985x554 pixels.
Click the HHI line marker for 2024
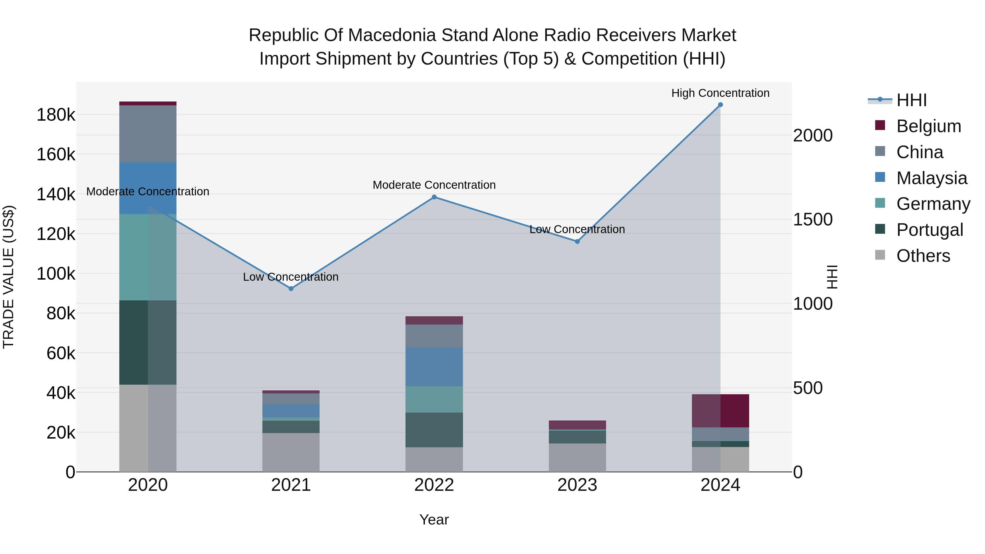tap(720, 105)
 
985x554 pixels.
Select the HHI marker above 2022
tap(434, 197)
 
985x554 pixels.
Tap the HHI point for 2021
tap(291, 289)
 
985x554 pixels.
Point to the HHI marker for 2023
tap(577, 242)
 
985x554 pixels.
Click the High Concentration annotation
tap(720, 93)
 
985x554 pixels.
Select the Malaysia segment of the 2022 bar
tap(434, 367)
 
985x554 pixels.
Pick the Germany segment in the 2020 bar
tap(148, 257)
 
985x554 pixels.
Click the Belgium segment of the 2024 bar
tap(720, 411)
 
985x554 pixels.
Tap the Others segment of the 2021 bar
tap(291, 453)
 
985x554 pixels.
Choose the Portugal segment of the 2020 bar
tap(148, 343)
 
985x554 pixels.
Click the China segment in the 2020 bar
tap(148, 134)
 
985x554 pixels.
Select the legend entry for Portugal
tap(929, 230)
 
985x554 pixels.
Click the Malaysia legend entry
tap(931, 178)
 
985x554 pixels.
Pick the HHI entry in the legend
tap(912, 100)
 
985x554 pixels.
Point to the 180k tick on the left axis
tap(56, 115)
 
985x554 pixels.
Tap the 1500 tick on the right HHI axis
tap(813, 220)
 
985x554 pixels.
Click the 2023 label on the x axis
tap(577, 485)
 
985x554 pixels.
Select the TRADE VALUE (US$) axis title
tap(8, 277)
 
